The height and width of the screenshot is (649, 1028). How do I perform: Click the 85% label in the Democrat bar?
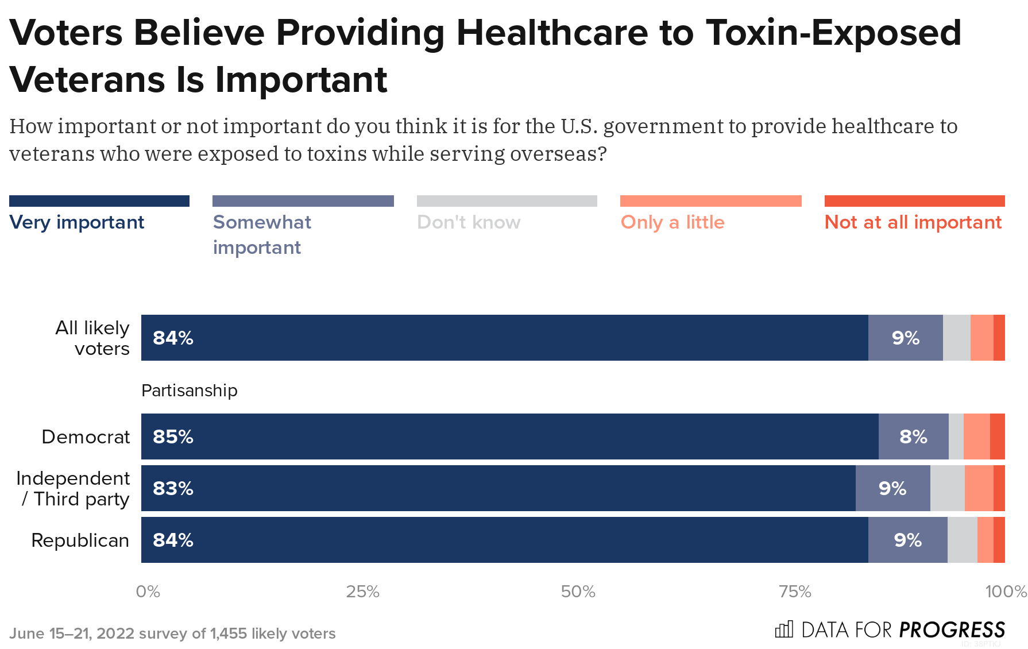[x=173, y=436]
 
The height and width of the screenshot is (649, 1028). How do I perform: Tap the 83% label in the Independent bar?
[x=173, y=488]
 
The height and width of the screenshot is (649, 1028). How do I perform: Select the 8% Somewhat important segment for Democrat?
[x=913, y=436]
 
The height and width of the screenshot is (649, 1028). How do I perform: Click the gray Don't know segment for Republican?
[x=962, y=540]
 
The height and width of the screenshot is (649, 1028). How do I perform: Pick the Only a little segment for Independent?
[x=979, y=488]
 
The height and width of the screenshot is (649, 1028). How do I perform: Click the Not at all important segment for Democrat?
[x=998, y=436]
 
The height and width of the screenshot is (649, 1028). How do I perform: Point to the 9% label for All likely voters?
[x=906, y=338]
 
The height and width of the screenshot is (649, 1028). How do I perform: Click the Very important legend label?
[x=76, y=222]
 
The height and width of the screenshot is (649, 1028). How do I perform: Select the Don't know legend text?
[x=469, y=222]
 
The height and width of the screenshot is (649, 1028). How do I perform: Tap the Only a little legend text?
[x=673, y=222]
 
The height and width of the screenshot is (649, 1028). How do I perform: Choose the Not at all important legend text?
[x=913, y=222]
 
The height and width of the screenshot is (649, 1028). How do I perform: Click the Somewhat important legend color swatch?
[x=303, y=201]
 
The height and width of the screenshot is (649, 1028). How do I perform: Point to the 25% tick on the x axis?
[x=362, y=592]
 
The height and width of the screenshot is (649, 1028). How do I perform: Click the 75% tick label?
[x=795, y=592]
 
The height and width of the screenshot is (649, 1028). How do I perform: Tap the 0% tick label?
[x=148, y=592]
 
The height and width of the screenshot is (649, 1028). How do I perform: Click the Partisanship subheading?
[x=189, y=391]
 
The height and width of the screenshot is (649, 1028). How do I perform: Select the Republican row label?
[x=80, y=540]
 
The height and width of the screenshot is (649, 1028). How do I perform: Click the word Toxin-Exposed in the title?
[x=833, y=33]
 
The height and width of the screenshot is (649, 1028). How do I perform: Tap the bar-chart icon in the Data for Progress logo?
[x=784, y=629]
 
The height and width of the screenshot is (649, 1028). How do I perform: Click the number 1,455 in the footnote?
[x=228, y=633]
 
